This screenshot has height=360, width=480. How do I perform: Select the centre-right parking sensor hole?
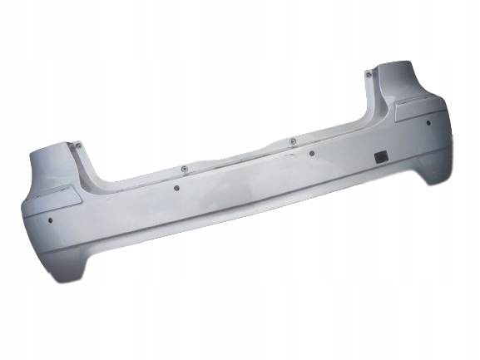tap(312, 153)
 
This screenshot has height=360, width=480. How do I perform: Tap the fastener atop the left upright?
tap(79, 145)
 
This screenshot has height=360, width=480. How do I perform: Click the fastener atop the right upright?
tap(367, 74)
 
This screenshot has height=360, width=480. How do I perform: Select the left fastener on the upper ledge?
tap(181, 169)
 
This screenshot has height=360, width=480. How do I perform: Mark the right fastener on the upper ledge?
tap(292, 141)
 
